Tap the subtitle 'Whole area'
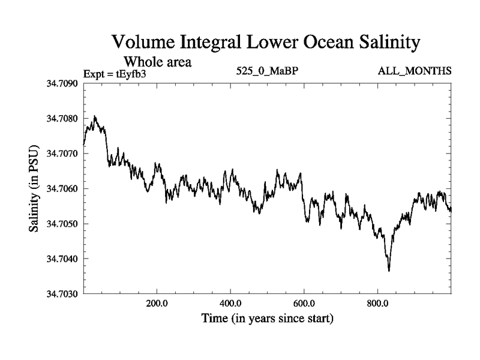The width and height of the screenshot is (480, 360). [157, 61]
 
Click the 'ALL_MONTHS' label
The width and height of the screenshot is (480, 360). [415, 71]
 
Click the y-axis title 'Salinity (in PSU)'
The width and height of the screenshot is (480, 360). [34, 189]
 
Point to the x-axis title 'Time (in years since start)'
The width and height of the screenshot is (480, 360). [267, 318]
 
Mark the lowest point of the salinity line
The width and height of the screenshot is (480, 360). [389, 271]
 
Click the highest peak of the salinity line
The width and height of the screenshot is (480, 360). [95, 116]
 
